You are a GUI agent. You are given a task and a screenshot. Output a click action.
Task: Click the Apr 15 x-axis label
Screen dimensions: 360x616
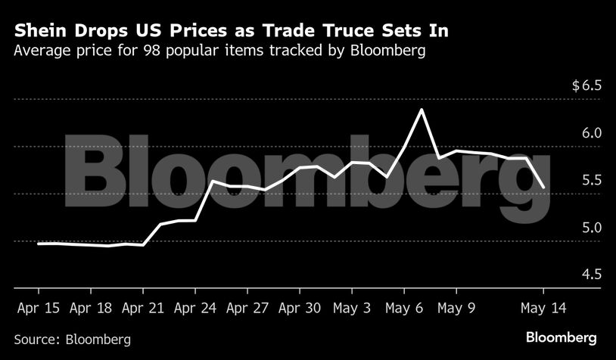pyautogui.click(x=38, y=309)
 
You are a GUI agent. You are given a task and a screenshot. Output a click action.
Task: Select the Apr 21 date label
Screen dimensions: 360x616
pyautogui.click(x=143, y=309)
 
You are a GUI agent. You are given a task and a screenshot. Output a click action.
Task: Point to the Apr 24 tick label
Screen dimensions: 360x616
pyautogui.click(x=196, y=309)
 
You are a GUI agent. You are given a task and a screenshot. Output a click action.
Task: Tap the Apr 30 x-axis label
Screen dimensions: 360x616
pyautogui.click(x=300, y=309)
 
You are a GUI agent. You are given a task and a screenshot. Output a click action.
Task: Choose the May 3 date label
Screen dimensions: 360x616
pyautogui.click(x=352, y=309)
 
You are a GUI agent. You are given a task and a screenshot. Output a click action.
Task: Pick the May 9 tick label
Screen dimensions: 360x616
pyautogui.click(x=457, y=309)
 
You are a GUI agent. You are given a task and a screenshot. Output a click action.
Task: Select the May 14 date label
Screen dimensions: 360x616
pyautogui.click(x=543, y=309)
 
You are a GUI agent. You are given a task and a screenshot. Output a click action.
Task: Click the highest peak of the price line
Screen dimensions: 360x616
pyautogui.click(x=421, y=110)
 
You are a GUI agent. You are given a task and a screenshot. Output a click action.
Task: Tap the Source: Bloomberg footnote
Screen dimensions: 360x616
pyautogui.click(x=73, y=339)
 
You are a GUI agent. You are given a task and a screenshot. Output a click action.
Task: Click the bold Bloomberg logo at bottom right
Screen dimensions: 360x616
pyautogui.click(x=562, y=337)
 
